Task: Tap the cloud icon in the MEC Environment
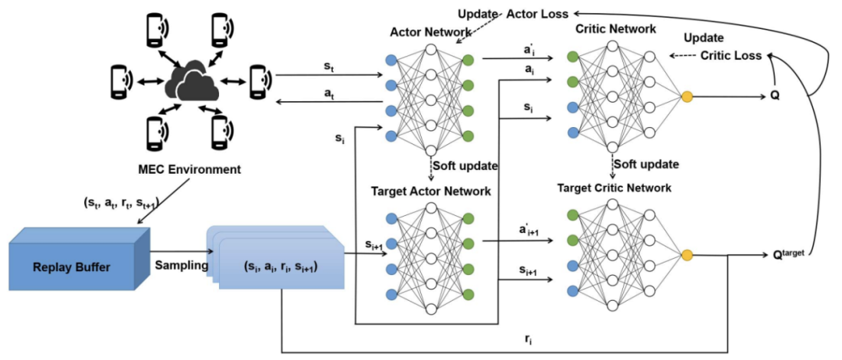pos(186,79)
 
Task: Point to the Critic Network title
pos(614,29)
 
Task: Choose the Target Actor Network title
pos(430,191)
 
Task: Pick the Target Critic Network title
pos(614,189)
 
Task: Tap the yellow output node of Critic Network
pos(686,97)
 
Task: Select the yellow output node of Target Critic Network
pos(686,254)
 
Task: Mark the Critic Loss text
pos(731,55)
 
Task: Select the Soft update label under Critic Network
pos(646,164)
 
